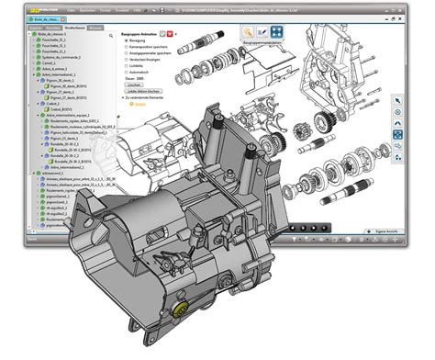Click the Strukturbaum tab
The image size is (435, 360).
pyautogui.click(x=74, y=29)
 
